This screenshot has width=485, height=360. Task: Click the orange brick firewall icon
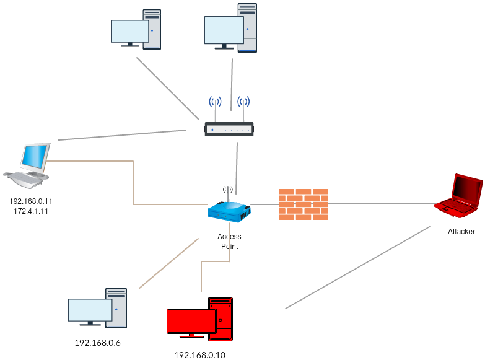pos(303,204)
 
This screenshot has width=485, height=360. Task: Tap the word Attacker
pos(461,232)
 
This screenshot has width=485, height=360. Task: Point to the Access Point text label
pos(229,242)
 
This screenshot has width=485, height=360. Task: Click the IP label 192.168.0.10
pos(199,355)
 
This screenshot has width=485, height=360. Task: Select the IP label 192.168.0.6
pos(97,343)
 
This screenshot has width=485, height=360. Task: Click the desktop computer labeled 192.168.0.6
pos(98,308)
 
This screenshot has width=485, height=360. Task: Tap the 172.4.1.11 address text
pos(31,211)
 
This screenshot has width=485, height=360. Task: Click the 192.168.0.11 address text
pos(31,201)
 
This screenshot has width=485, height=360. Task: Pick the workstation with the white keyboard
pos(28,165)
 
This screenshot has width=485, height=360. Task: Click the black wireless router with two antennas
pos(229,129)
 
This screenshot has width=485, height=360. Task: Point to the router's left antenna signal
pos(215,102)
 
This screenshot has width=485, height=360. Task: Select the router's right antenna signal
pos(243,102)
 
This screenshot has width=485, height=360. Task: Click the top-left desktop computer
pos(136,29)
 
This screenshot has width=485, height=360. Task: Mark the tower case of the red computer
pos(222,318)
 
